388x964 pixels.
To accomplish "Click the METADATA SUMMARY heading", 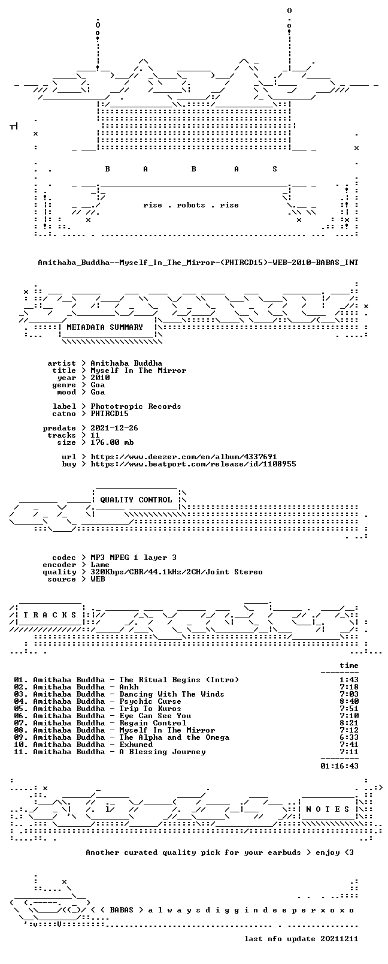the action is point(104,327).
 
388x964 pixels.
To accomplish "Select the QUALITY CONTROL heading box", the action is point(136,499).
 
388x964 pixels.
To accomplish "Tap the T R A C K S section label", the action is point(50,615).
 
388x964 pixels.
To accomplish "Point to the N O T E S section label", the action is point(328,809).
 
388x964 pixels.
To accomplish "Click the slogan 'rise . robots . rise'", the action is point(191,205).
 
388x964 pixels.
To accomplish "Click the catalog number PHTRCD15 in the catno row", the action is point(110,414).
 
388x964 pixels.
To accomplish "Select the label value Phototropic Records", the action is point(136,406).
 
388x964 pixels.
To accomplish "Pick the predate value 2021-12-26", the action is point(114,428).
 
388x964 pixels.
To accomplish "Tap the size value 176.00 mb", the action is point(112,442).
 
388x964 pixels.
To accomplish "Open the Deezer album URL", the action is point(183,457).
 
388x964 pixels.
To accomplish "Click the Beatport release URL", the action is point(193,464).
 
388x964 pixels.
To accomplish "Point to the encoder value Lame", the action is point(99,565).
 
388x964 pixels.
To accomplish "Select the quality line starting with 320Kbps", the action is point(177,572).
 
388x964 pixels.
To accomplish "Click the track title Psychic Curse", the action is point(150,701).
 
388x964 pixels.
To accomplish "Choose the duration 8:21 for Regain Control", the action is point(349,723).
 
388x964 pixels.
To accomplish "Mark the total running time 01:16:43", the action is point(339,766).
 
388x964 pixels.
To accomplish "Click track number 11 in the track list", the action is point(20,752).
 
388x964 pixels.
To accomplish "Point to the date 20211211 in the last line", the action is point(339,939).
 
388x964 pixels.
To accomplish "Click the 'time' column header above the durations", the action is point(349,665).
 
